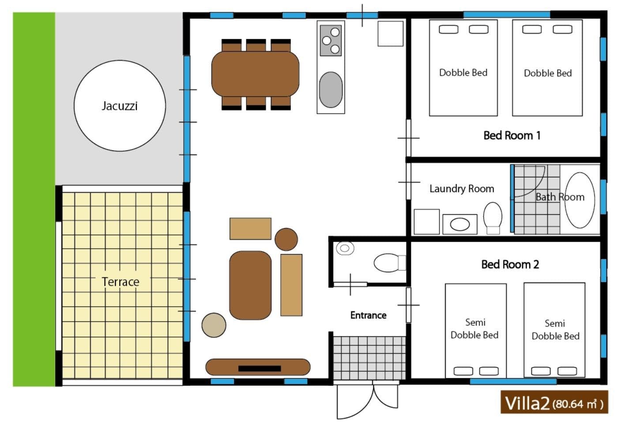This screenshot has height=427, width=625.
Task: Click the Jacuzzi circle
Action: (120, 106)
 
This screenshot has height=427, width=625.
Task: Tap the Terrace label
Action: (120, 282)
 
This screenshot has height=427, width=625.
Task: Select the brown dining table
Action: (255, 74)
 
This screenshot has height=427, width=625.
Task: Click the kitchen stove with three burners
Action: (331, 41)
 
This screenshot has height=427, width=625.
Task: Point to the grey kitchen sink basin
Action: (331, 90)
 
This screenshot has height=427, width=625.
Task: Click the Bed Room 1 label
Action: (512, 135)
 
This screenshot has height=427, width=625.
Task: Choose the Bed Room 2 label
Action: (510, 264)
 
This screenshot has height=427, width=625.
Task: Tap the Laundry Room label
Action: (462, 189)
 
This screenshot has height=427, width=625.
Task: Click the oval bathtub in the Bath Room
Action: (580, 200)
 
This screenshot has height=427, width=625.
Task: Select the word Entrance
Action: (368, 315)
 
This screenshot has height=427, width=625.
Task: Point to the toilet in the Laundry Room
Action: (493, 218)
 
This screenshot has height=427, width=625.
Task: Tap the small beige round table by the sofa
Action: (214, 325)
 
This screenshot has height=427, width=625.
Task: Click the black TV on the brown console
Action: (260, 368)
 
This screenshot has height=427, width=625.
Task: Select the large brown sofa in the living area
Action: (250, 285)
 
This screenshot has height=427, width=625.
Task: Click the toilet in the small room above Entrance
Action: (390, 262)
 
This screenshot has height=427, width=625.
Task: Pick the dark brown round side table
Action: (286, 239)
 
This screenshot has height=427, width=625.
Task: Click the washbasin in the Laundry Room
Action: (460, 224)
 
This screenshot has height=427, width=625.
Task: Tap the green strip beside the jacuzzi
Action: (34, 199)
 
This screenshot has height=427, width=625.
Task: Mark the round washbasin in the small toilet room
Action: (345, 248)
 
